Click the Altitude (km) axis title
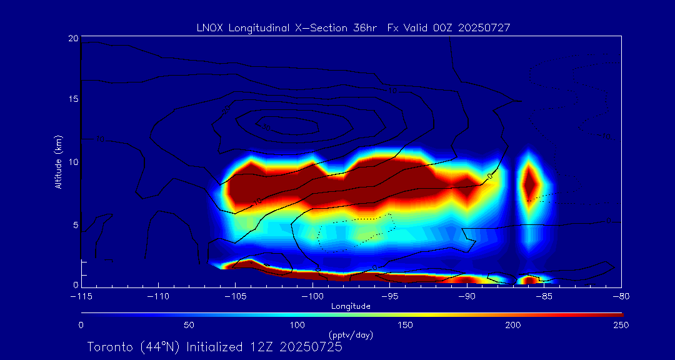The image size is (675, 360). tap(58, 162)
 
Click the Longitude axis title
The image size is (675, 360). tap(351, 306)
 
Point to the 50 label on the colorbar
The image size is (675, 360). tap(189, 325)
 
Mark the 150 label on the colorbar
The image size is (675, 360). tap(406, 325)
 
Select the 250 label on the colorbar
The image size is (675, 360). tap(621, 325)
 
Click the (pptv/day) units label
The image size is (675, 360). tap(351, 335)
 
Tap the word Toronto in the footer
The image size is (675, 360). tap(110, 347)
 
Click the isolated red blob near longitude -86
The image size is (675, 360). tap(530, 182)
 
